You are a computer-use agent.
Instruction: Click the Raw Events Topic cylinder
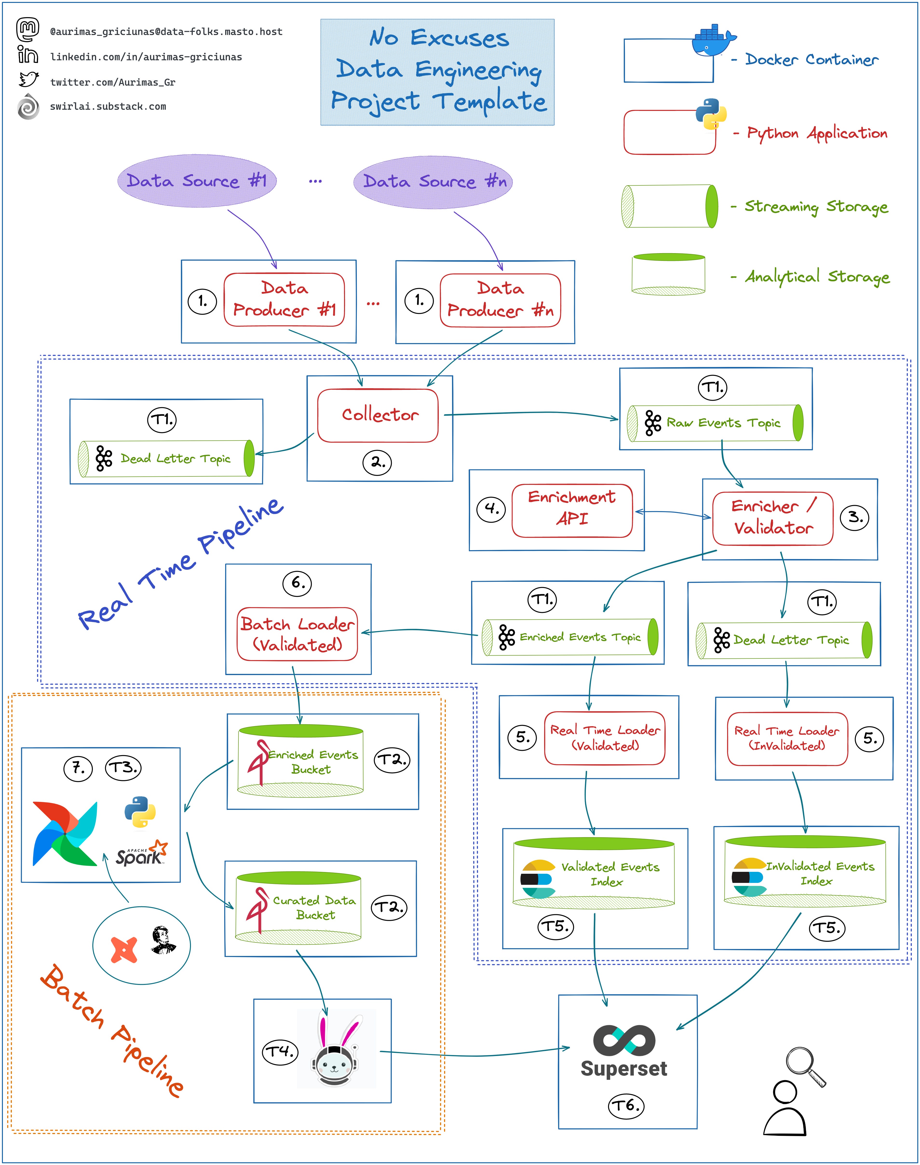click(x=715, y=423)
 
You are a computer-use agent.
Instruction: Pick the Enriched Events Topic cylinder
click(x=569, y=637)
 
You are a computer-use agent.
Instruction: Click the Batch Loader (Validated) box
click(x=297, y=634)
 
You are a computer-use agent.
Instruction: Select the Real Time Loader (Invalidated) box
click(x=787, y=738)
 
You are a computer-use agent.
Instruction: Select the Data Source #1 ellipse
click(x=196, y=181)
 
